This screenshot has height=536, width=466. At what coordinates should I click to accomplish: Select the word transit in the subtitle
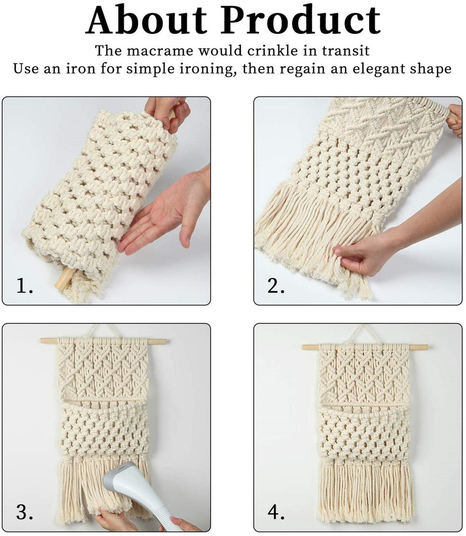(x=346, y=51)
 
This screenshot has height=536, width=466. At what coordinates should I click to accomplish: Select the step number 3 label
(x=25, y=512)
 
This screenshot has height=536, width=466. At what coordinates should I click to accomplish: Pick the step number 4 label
(x=276, y=512)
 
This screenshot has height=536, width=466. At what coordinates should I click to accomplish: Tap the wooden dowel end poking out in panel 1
(x=65, y=279)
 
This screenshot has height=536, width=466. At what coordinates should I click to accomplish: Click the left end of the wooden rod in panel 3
(x=41, y=340)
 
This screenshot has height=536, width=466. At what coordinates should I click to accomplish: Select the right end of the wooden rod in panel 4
(x=427, y=347)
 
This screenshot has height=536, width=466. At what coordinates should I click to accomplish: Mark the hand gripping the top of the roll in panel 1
(x=168, y=111)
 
